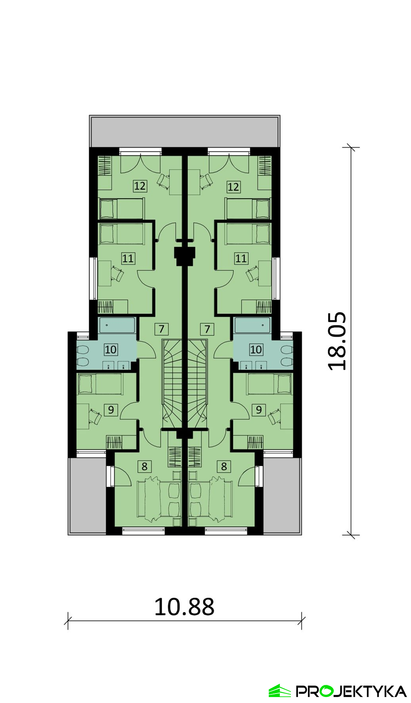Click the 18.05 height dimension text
click(x=337, y=341)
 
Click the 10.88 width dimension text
click(x=184, y=607)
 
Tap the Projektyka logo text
click(x=351, y=692)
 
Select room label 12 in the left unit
click(x=140, y=186)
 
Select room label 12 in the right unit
click(x=233, y=186)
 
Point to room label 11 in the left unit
click(x=128, y=258)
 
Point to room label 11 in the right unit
click(x=241, y=258)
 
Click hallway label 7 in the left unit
click(x=161, y=329)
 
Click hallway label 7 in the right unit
click(x=207, y=329)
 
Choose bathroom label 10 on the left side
click(x=111, y=349)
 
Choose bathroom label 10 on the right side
click(x=256, y=349)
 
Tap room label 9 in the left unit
click(x=111, y=410)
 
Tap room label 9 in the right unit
click(x=259, y=410)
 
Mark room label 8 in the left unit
click(x=144, y=466)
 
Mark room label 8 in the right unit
click(x=224, y=466)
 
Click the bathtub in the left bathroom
click(x=117, y=326)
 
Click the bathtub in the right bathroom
click(x=253, y=326)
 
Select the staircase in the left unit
click(x=172, y=384)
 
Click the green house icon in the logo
click(x=280, y=691)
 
